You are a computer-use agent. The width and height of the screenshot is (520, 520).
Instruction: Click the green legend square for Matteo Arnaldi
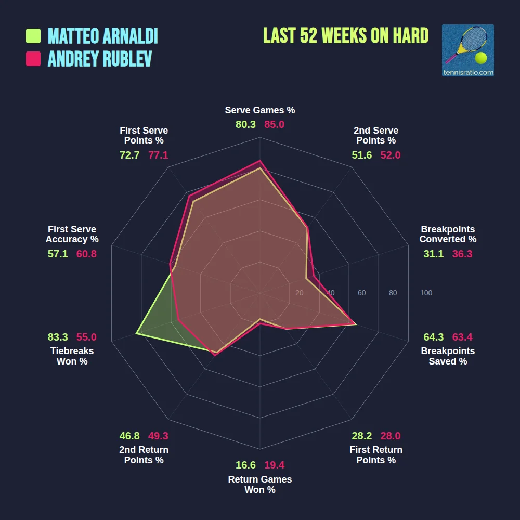[33, 36]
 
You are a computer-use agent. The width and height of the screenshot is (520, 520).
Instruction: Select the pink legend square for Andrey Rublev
[33, 59]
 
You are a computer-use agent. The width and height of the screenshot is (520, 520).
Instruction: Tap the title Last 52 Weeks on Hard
[346, 36]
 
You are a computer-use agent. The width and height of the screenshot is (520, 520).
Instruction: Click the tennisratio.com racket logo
[467, 50]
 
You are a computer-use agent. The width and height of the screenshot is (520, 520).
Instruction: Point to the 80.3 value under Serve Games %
[245, 125]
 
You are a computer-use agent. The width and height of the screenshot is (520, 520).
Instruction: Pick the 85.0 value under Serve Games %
[274, 125]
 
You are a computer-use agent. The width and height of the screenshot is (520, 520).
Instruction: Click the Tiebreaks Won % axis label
[72, 356]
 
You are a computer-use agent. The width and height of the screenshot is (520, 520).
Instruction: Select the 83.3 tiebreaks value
[58, 337]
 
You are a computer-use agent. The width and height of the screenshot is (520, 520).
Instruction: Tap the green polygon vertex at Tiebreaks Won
[136, 333]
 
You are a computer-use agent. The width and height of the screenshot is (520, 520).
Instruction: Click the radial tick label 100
[426, 293]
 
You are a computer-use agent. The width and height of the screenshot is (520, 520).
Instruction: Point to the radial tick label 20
[299, 293]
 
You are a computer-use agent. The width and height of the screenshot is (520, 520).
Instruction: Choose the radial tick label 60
[361, 293]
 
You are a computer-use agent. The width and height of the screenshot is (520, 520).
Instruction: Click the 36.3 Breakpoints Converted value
[462, 254]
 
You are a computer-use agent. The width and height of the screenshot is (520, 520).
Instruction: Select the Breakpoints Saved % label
[448, 356]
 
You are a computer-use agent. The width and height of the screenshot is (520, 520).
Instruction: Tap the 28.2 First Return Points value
[361, 436]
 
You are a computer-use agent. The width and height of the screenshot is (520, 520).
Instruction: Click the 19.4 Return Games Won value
[274, 465]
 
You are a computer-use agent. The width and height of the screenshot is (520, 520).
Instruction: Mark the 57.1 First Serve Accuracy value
[58, 254]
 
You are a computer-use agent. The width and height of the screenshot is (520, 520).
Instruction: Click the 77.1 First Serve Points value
[158, 155]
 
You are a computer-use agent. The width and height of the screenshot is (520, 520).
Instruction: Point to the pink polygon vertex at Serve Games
[260, 161]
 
